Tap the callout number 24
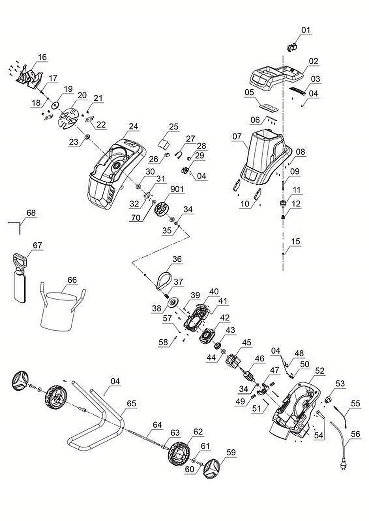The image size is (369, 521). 133,126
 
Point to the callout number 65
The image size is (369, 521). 131,403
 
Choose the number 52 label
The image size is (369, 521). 320,371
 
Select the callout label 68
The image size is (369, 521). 31,213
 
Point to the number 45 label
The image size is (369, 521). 247,342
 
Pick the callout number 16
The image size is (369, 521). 42,57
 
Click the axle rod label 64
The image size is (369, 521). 157,425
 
